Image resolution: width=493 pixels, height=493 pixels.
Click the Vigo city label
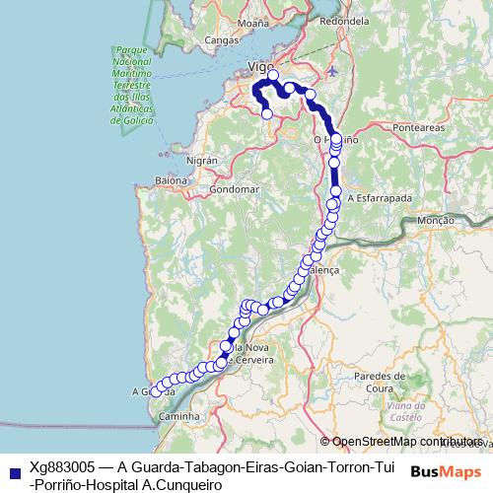coord(260,66)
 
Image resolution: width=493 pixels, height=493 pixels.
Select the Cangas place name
coord(221,40)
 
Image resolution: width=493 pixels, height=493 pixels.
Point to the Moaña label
coord(253,21)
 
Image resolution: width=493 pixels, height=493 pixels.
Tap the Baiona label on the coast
coord(171,180)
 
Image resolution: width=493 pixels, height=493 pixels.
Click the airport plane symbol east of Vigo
coord(331,71)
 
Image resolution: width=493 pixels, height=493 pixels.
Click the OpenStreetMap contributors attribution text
coord(407,442)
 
